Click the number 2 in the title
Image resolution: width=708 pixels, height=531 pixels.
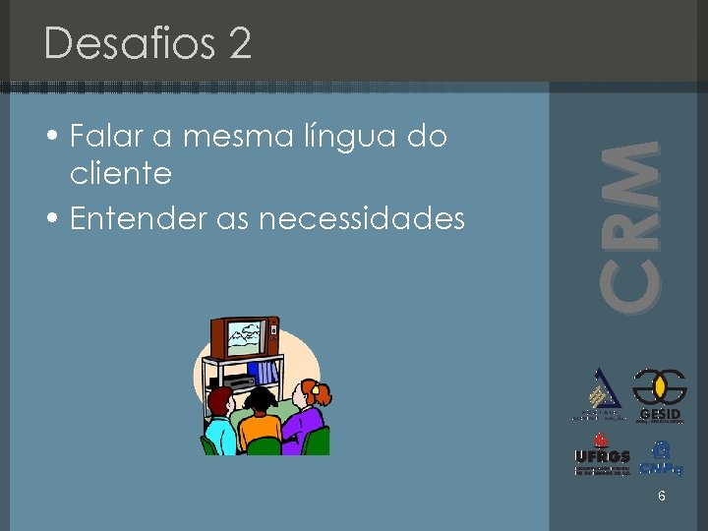tap(239, 44)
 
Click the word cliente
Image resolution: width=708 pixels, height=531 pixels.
tap(121, 174)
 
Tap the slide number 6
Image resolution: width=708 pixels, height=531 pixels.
tap(662, 497)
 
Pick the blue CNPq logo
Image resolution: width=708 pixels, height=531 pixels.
tap(661, 456)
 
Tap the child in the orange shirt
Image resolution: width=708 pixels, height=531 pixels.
tap(260, 424)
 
